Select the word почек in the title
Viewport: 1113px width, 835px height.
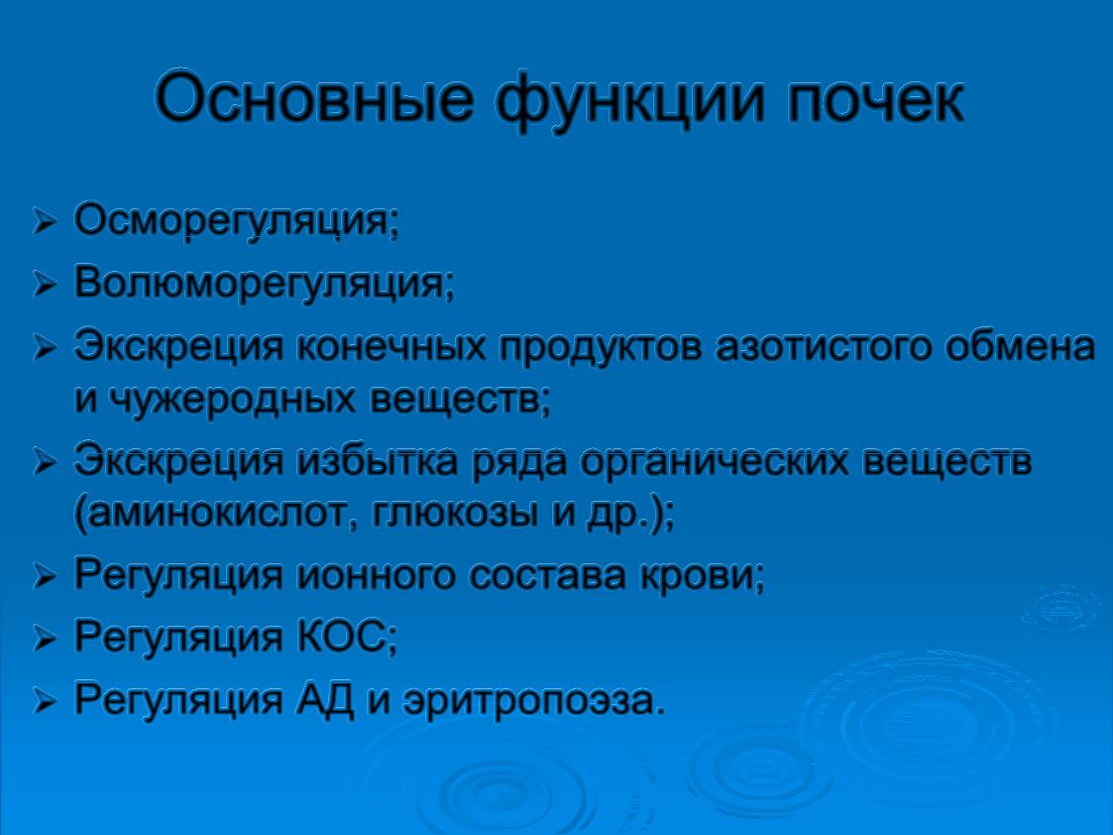click(875, 99)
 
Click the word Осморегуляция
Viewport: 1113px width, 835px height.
click(236, 221)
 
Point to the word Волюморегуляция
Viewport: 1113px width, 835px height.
click(264, 284)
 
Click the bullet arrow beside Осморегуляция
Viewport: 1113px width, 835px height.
click(44, 223)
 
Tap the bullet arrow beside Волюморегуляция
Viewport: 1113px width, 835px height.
click(44, 286)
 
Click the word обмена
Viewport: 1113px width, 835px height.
click(1021, 346)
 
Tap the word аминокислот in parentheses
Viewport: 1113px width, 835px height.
click(219, 515)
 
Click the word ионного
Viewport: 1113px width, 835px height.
click(375, 576)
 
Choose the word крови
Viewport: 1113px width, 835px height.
click(702, 576)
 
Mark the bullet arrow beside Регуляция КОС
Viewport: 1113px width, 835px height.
click(44, 639)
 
